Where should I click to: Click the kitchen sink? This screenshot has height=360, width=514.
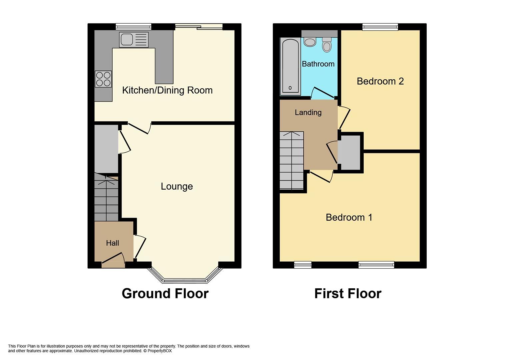point(134,40)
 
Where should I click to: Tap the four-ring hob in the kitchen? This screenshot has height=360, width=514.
point(103,79)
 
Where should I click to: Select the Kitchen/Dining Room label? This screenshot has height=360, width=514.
point(167,90)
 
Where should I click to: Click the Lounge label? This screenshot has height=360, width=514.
point(177,186)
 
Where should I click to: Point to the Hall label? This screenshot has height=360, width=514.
point(112,243)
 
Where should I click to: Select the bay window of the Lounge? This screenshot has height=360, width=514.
point(185,279)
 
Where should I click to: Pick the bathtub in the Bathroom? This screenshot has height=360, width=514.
point(290,66)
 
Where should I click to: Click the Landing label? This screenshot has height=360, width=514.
point(308,113)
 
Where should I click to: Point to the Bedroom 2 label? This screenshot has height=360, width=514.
point(380,81)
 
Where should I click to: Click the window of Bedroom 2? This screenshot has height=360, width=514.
point(380,27)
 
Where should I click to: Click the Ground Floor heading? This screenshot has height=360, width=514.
point(165,294)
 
